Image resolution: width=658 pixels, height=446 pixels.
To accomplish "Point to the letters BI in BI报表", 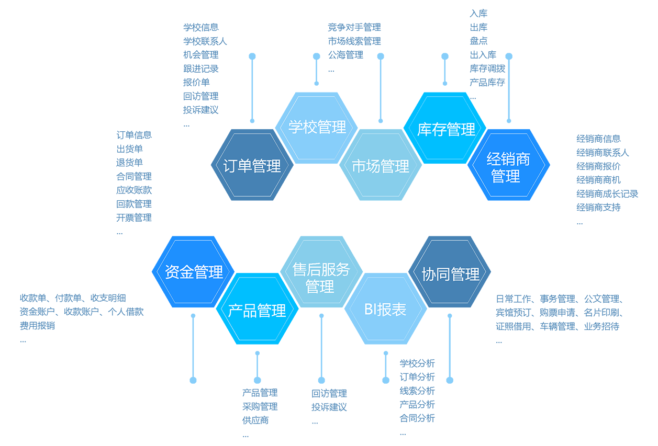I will tap(371, 310).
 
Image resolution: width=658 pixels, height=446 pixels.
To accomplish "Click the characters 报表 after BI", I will tap(392, 310).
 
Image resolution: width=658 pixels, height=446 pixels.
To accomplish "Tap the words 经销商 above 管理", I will tap(508, 159).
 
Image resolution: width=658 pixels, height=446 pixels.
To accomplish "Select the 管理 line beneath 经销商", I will tap(506, 176).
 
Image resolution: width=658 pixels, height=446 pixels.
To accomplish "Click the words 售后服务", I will tap(321, 270).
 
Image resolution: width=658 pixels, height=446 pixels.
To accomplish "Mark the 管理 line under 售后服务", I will tap(320, 287).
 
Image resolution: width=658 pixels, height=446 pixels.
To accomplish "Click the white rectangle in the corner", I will tap(618, 409).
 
